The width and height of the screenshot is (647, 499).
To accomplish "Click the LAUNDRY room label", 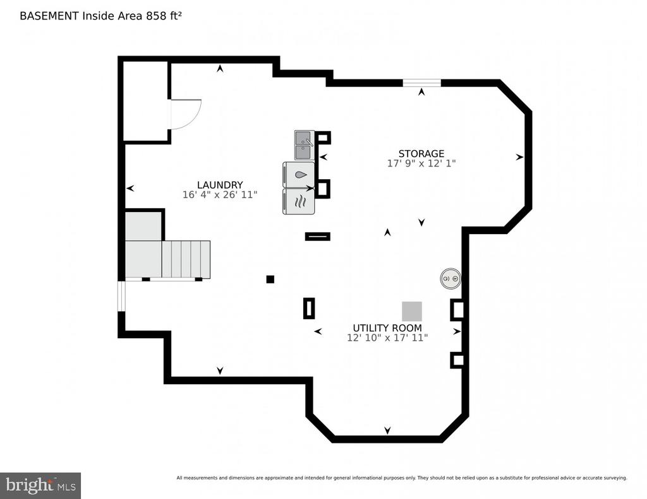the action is [219, 185].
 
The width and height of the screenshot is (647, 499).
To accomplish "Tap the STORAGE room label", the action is [421, 154].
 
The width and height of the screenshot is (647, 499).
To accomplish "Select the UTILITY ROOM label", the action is [387, 328].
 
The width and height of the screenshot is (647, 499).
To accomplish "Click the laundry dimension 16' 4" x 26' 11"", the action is [219, 194].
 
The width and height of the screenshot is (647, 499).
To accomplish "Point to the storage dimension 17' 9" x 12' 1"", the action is [421, 163].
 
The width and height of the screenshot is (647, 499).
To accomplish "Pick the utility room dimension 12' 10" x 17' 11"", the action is [387, 338].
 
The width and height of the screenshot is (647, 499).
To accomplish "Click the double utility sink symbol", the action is [305, 145].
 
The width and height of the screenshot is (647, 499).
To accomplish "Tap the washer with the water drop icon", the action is [299, 175].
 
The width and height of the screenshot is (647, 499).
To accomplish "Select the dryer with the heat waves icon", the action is [299, 201].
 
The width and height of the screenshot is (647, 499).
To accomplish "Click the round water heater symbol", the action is [450, 279].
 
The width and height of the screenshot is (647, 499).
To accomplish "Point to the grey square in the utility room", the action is [412, 311].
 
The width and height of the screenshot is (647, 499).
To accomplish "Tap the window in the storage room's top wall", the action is [421, 83].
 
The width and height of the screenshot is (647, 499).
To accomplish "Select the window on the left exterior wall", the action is [121, 296].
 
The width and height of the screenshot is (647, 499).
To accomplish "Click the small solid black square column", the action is [270, 279].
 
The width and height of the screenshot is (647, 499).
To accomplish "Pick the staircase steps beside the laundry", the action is [186, 259].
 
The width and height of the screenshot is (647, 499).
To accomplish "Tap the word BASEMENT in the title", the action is [49, 16].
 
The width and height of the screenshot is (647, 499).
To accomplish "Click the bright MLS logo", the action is [40, 485].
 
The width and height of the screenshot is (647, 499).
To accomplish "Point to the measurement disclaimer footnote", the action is [401, 478].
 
